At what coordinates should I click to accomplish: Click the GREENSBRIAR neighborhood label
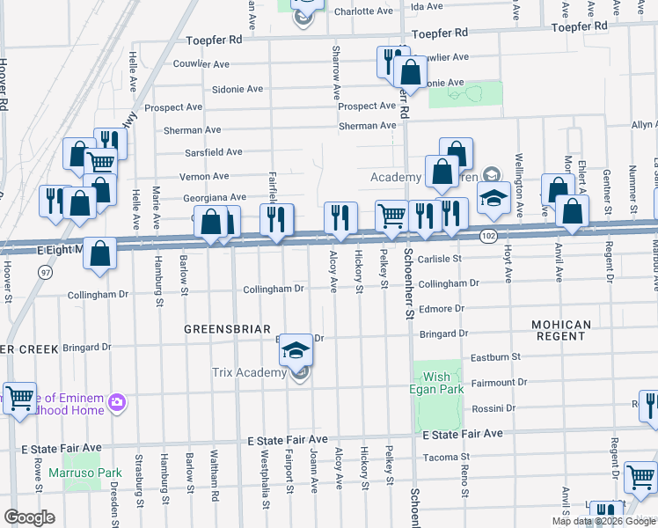click(226, 328)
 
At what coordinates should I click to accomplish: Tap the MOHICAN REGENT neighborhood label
click(561, 331)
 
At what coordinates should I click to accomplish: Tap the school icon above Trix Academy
click(296, 351)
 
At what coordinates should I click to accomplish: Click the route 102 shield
click(489, 236)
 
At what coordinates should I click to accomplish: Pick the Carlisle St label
click(440, 259)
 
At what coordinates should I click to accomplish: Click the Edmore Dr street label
click(441, 309)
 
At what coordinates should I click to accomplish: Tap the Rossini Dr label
click(493, 408)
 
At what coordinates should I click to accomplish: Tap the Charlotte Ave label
click(363, 12)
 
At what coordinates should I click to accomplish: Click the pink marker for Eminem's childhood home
click(117, 403)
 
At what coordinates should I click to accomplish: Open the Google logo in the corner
click(29, 517)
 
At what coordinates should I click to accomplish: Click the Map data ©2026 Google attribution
click(602, 521)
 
